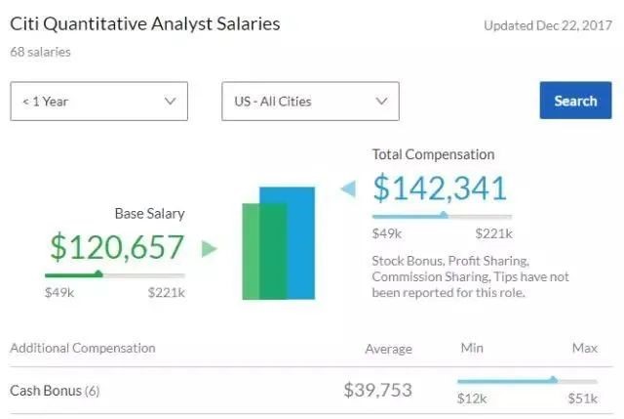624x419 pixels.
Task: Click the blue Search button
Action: (575, 101)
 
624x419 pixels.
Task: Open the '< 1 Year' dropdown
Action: (98, 101)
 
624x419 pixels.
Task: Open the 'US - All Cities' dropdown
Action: (310, 101)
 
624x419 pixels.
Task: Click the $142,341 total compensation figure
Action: (440, 189)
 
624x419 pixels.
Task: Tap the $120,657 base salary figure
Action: (117, 248)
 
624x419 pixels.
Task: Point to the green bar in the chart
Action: (253, 250)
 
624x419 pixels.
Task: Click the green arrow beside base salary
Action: (209, 249)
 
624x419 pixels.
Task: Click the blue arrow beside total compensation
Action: (347, 189)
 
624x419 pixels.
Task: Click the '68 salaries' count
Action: (40, 52)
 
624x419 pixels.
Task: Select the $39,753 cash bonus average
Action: (377, 391)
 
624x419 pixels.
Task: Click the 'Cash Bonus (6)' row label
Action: (55, 391)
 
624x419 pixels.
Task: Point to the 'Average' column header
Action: (388, 349)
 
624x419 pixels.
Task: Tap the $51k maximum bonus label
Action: (583, 398)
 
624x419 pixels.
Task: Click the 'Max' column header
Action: (584, 348)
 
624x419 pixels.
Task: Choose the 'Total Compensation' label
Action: (433, 154)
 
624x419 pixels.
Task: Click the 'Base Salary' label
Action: (149, 213)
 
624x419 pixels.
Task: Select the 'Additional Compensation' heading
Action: (82, 348)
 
